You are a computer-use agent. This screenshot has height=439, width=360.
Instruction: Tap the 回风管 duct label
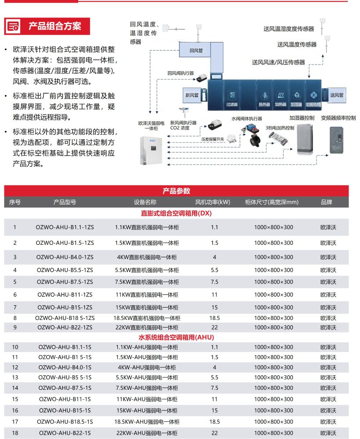(196, 51)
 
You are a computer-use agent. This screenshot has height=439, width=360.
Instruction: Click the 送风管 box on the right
(337, 95)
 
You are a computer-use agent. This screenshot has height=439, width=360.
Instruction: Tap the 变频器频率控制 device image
(341, 140)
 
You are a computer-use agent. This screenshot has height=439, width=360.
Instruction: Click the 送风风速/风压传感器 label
(278, 62)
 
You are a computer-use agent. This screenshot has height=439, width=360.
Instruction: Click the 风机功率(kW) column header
(213, 202)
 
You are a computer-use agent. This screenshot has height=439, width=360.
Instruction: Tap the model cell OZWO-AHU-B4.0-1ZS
(65, 257)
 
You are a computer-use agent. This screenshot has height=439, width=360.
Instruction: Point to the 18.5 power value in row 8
(215, 318)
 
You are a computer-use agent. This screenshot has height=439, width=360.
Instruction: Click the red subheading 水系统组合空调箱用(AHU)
(176, 337)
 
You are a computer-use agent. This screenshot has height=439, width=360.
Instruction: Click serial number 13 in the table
(15, 377)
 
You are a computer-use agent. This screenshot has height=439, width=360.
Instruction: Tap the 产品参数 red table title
(176, 191)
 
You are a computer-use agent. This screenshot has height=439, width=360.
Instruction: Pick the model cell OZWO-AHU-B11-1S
(65, 399)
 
